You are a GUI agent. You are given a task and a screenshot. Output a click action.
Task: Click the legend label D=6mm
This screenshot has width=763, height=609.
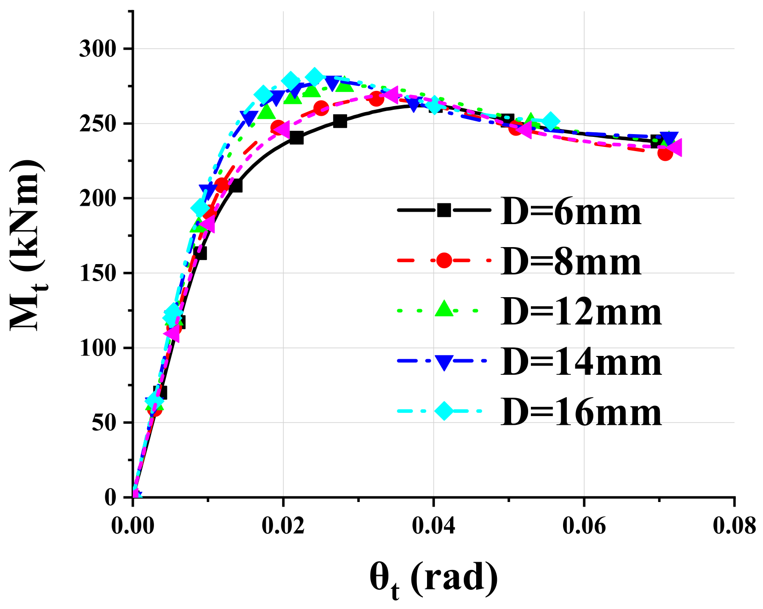pos(571,212)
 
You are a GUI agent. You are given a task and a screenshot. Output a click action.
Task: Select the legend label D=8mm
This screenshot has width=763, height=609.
pos(571,262)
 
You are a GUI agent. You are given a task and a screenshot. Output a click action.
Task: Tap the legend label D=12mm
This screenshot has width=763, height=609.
pos(581,312)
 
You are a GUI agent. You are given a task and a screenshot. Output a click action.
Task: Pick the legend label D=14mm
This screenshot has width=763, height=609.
pos(581,362)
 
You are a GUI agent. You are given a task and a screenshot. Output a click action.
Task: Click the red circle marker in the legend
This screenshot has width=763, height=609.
pos(444,260)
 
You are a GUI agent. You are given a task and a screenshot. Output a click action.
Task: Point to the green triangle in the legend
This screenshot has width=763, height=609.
pos(444,309)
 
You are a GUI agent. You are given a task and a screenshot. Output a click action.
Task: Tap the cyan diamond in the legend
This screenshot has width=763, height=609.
pos(444,410)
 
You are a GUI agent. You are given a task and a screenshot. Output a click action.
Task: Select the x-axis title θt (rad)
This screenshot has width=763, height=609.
pos(433,580)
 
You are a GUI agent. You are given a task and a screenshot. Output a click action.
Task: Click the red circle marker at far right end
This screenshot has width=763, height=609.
pos(665,153)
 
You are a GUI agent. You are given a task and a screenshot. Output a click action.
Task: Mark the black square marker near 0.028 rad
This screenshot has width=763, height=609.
pos(340,121)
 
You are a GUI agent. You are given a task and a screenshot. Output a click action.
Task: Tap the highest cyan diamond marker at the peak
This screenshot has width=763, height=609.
pos(314,77)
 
